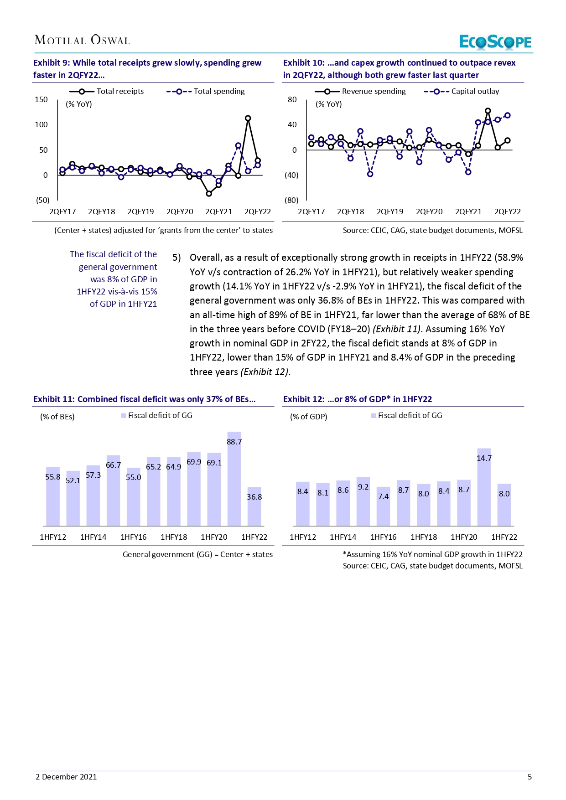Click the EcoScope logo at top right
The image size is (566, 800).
coord(495,42)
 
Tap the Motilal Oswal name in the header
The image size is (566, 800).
coord(82,40)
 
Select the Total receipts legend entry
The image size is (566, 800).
coord(107,91)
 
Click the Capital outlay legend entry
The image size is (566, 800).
coord(462,91)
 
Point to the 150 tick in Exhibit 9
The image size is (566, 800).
coord(41,99)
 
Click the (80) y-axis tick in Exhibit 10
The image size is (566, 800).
coord(291,200)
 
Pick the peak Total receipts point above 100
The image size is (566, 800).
coord(248,118)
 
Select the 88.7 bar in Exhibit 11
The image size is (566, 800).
coord(234,479)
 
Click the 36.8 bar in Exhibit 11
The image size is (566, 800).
coord(254,506)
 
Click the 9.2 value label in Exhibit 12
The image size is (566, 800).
coord(363,487)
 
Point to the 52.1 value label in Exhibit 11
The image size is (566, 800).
coord(73,480)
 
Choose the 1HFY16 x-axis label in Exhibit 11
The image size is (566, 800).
coord(134,537)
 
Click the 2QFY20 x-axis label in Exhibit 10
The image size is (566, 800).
coord(429,212)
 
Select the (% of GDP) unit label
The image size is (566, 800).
coord(309,417)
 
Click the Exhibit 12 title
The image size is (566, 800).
coord(358,399)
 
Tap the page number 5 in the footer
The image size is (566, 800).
coord(530,777)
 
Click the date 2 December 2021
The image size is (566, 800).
coord(66,777)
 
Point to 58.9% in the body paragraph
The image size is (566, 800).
coord(509,258)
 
